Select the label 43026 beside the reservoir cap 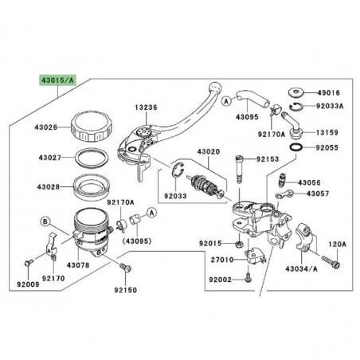(x=46, y=127)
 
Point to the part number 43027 (x=46, y=158)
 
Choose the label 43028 (x=46, y=187)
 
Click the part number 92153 (x=268, y=160)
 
